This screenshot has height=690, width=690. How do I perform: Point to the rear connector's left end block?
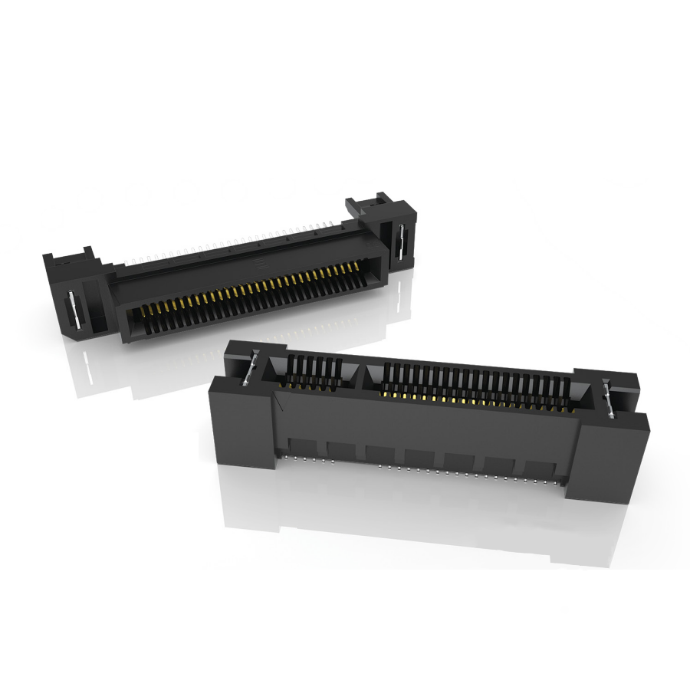[x=80, y=295]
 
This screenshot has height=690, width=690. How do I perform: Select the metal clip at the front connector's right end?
[x=609, y=399]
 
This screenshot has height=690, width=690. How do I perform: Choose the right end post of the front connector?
[x=606, y=460]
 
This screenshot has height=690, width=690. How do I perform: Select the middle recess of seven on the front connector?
[x=419, y=458]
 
